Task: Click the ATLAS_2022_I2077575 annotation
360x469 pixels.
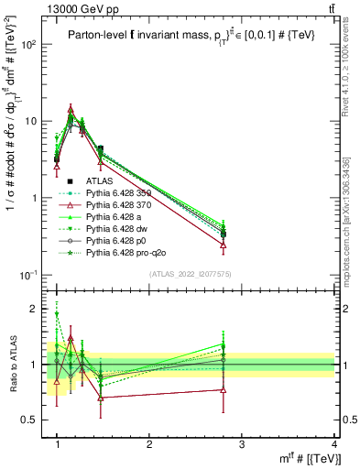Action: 191,275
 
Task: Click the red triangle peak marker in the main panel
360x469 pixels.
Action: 71,108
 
